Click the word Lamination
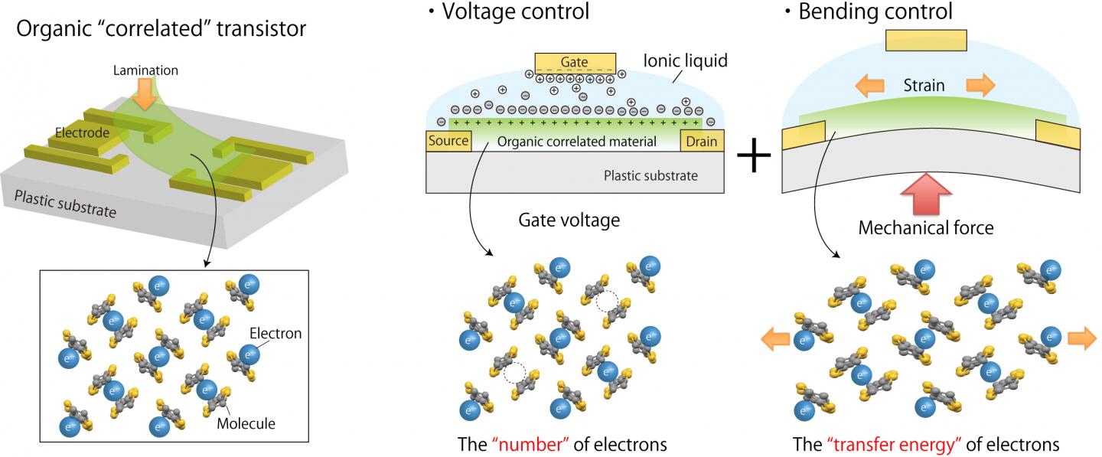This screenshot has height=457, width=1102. [145, 70]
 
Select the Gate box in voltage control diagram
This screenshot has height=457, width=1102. [575, 61]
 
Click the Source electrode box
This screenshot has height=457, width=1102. [448, 141]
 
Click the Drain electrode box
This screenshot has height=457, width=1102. [702, 141]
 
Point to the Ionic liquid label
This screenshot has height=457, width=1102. [685, 60]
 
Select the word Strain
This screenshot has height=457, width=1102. [924, 84]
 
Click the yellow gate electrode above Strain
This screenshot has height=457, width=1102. [926, 41]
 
